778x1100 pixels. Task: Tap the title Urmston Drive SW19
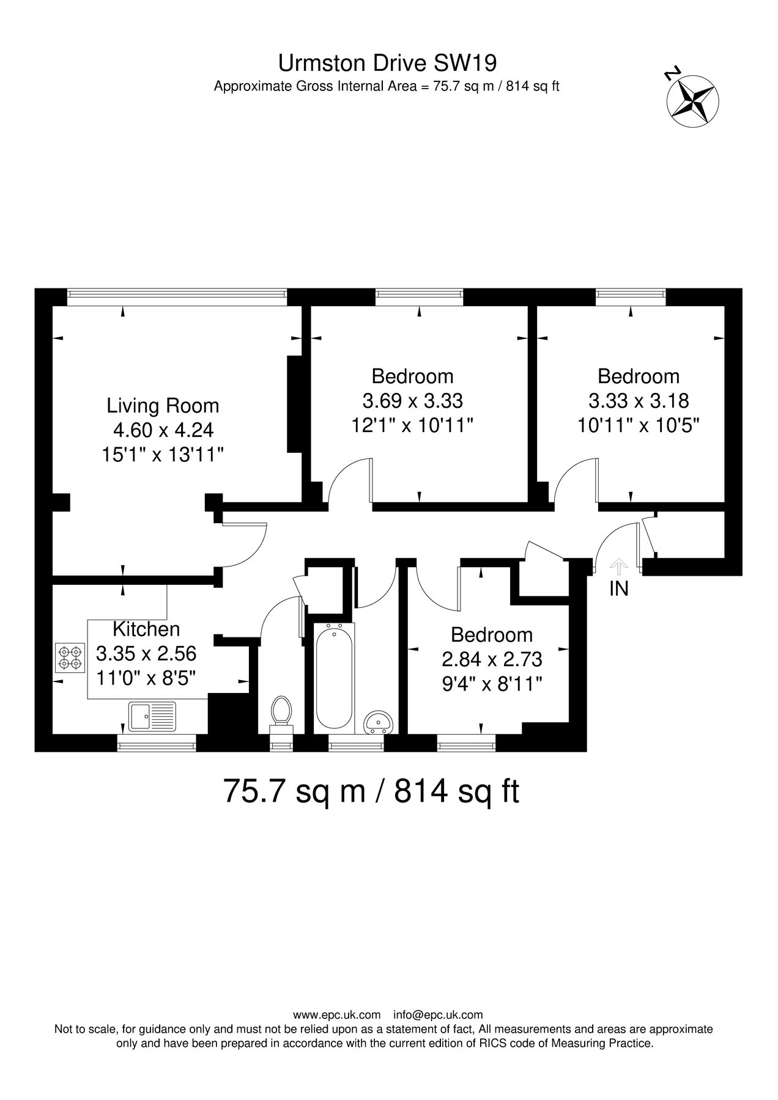click(387, 63)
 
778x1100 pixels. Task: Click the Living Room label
click(163, 405)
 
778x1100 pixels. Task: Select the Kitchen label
click(147, 629)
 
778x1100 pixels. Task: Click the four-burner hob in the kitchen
click(69, 658)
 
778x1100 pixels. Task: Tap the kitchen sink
click(152, 716)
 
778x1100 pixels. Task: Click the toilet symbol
click(282, 711)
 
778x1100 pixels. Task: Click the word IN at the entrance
click(618, 588)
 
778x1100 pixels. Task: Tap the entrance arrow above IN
click(619, 566)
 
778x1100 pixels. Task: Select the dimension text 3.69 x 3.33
click(413, 401)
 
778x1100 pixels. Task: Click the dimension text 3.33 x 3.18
click(639, 401)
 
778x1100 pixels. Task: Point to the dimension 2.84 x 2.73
click(492, 659)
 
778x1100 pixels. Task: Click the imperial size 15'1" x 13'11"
click(163, 455)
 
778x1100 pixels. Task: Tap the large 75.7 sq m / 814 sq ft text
click(372, 791)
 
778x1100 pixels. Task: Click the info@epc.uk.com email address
click(438, 1015)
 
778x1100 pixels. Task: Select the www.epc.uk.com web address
click(336, 1015)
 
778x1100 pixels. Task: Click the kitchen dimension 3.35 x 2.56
click(146, 654)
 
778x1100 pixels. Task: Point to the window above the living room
click(176, 296)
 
